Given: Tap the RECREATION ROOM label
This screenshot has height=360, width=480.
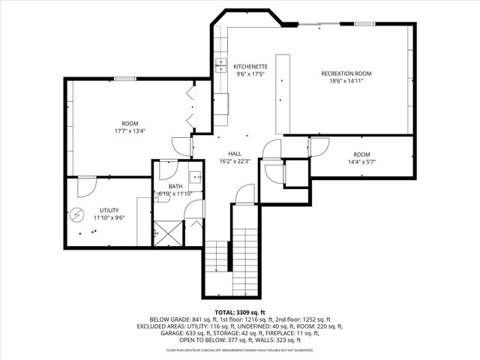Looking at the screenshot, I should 346,73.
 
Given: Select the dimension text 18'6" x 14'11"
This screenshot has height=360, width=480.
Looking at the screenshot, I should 346,81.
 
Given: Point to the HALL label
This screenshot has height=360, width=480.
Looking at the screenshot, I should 235,153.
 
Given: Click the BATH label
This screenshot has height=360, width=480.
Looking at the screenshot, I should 175,186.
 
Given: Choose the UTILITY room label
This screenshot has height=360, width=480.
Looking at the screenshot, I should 109,210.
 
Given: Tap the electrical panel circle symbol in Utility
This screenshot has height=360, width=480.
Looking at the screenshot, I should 76,216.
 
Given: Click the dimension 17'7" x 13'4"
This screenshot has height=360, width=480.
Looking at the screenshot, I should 130,130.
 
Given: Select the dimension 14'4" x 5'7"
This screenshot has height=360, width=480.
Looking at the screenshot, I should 361,161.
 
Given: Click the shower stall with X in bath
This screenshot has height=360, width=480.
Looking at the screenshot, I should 167,234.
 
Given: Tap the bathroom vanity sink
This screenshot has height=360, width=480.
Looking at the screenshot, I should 194,178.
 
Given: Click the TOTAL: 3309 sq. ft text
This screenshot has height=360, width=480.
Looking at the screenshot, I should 240,311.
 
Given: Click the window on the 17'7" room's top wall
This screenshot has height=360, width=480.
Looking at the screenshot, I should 124,79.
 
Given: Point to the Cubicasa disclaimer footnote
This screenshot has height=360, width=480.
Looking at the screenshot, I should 240,350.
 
